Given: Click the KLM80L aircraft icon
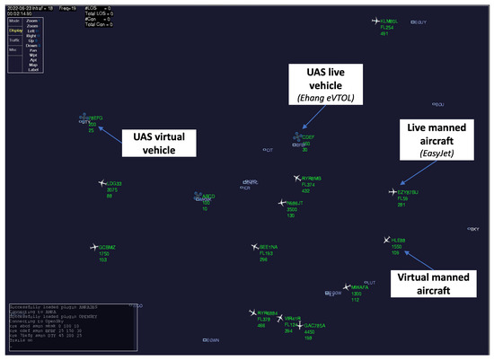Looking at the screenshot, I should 375,21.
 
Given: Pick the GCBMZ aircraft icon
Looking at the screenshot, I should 93,246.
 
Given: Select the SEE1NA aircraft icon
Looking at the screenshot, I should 254,246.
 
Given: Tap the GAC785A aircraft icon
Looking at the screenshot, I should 299,324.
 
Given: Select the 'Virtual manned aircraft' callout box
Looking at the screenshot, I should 433,279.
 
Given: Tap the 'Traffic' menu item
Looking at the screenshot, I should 13,40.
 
